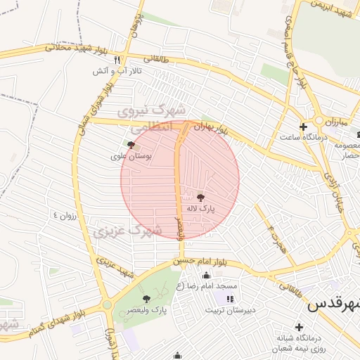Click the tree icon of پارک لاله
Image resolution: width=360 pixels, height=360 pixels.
pyautogui.click(x=201, y=198)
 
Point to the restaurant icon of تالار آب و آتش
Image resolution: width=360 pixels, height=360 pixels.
pyautogui.click(x=117, y=60)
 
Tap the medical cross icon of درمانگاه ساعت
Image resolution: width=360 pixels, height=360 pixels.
pyautogui.click(x=303, y=127)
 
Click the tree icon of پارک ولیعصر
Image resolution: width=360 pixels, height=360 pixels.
pyautogui.click(x=146, y=299)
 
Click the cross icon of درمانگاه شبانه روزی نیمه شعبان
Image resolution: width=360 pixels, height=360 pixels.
pyautogui.click(x=300, y=327)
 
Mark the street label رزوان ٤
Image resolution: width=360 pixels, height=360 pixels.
pyautogui.click(x=62, y=214)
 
